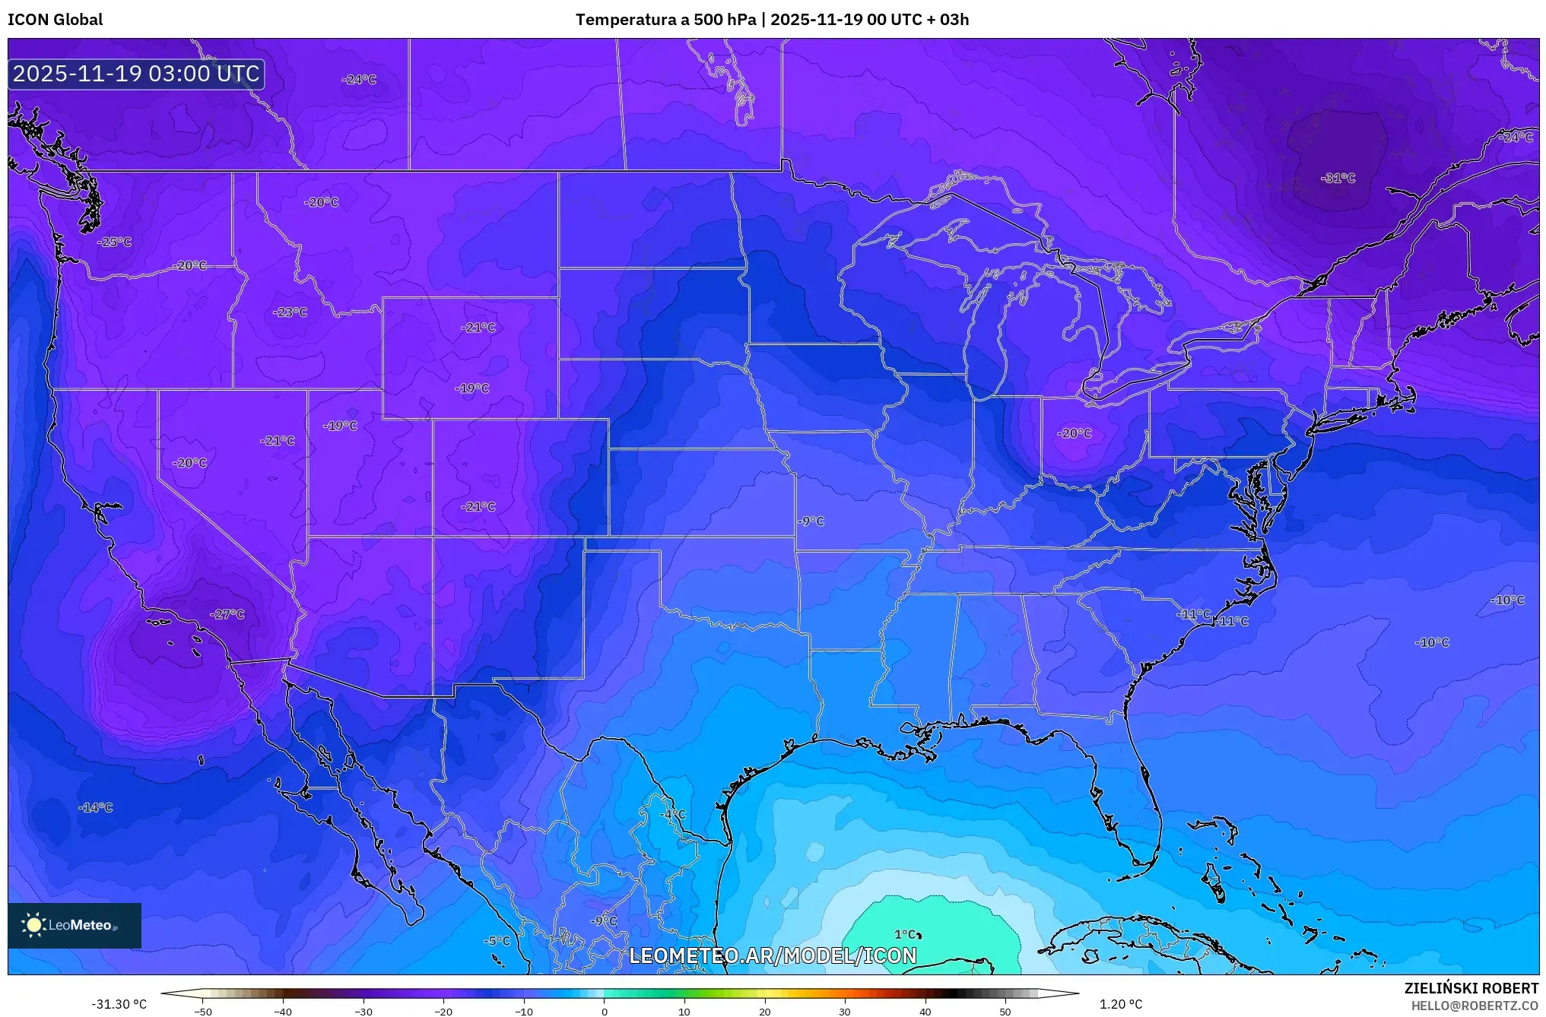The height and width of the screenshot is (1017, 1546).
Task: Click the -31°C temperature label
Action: (x=1338, y=178)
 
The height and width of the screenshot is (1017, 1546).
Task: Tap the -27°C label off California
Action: (x=227, y=614)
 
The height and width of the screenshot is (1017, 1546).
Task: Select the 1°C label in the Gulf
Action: (x=905, y=934)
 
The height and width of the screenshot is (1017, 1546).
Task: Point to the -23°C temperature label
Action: (x=290, y=312)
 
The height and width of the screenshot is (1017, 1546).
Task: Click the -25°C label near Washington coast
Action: (x=115, y=242)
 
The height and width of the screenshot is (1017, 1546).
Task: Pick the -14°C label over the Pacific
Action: (x=96, y=807)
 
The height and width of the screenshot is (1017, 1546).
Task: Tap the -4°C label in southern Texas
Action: (x=672, y=814)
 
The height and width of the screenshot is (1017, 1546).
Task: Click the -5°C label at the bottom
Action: (x=497, y=941)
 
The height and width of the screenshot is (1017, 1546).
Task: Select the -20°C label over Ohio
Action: (x=1075, y=433)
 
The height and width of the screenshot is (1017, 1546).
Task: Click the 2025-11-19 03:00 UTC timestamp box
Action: (x=136, y=74)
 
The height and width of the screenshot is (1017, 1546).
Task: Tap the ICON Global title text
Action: (x=55, y=20)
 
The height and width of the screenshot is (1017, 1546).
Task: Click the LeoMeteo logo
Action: (x=75, y=925)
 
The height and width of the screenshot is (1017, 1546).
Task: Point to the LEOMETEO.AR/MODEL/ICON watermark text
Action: (x=773, y=955)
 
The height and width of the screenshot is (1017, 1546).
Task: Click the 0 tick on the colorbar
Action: (x=605, y=1011)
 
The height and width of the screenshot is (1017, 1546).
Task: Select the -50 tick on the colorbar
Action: (x=203, y=1011)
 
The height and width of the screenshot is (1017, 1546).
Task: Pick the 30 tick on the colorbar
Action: (x=845, y=1011)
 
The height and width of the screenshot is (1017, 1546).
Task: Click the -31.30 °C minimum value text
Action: (x=119, y=1004)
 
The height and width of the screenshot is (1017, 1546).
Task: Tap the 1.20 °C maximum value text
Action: (x=1121, y=1004)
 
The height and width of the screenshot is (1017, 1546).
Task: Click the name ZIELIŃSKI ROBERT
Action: (x=1471, y=988)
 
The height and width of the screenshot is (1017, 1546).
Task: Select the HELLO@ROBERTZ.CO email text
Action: (x=1475, y=1006)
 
